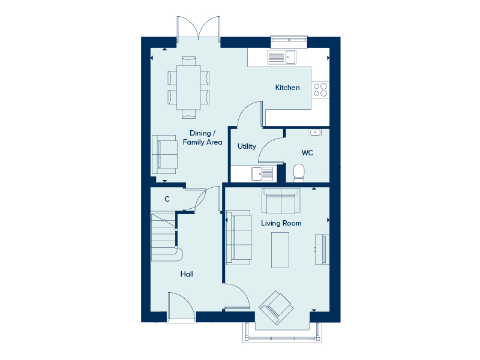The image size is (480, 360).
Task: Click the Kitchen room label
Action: coord(287,88)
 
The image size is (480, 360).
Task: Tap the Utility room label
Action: coord(247,146)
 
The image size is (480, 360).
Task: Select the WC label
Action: coord(307,153)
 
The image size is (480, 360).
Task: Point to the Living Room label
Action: coord(281,223)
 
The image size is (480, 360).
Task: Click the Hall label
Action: coord(187,274)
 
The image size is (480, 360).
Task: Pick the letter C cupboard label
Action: coord(167,199)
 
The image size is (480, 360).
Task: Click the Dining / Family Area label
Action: coord(202,137)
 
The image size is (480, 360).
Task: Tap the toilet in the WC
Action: coord(299,173)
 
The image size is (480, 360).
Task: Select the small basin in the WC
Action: coord(314,132)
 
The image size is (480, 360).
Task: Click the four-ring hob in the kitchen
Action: coord(320,89)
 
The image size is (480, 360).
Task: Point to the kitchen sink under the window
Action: coord(282,57)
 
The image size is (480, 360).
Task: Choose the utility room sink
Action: coord(262,174)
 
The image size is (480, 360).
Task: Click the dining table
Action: coord(188,88)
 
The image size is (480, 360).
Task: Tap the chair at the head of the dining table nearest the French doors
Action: coord(188,61)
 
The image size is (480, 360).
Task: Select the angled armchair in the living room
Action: coord(276,307)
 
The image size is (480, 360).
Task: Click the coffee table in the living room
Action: coord(280,250)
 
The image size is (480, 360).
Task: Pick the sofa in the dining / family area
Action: coord(164,155)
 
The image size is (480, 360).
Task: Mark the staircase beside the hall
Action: coord(167,238)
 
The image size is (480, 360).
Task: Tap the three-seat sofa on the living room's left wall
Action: coord(239,237)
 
